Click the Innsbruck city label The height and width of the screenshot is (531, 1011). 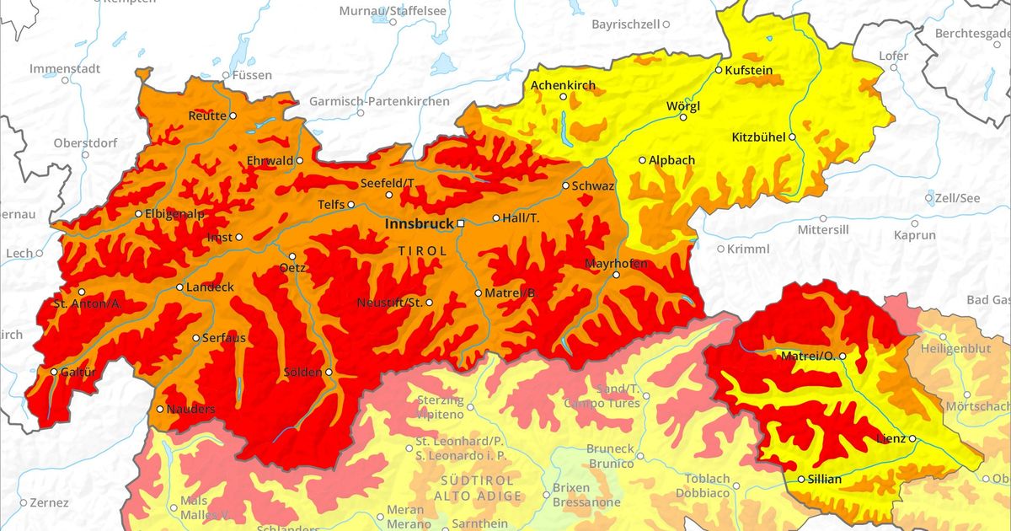pos(419,224)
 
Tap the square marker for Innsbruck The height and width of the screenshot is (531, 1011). pos(461,223)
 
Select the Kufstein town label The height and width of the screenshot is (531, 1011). pos(749,71)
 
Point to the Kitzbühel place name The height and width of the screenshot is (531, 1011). pos(758,137)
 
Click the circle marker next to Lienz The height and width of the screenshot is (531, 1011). pos(912,439)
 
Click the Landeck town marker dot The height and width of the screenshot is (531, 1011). pos(179,287)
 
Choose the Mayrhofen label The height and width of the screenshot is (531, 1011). pos(617,264)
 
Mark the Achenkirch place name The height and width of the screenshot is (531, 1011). pos(563,85)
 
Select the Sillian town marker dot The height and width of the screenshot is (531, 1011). pos(801,480)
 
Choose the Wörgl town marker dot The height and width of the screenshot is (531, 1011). pos(683,117)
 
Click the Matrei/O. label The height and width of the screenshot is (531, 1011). pos(807,357)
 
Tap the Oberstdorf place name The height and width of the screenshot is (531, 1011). pos(85,143)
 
